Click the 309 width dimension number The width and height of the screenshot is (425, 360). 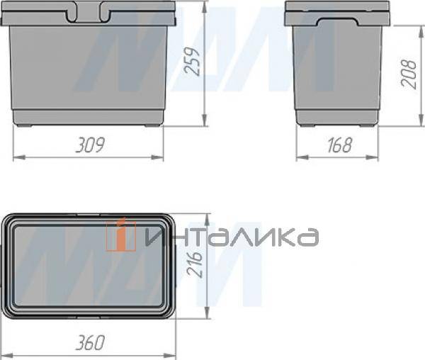click(90, 145)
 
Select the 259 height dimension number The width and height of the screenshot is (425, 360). click(192, 61)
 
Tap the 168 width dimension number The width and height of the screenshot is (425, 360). click(339, 145)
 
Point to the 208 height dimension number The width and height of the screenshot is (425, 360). click(409, 74)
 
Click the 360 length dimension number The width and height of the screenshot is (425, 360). click(90, 343)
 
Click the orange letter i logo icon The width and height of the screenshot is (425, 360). click(121, 235)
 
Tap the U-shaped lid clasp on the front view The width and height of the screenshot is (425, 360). click(88, 12)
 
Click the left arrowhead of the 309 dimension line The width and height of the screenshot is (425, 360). click(19, 157)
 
